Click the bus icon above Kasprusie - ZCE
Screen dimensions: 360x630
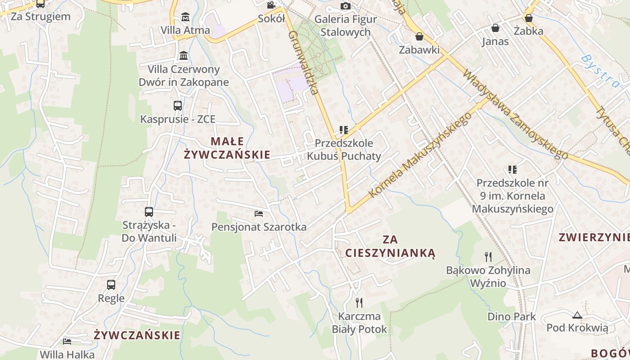(x=178, y=106)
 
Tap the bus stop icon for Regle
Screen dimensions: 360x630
(x=111, y=285)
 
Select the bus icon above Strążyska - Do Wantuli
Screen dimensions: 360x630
(x=149, y=212)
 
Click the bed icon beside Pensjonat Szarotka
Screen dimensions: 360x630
(x=259, y=213)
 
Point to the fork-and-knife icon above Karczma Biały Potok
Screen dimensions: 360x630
(x=359, y=303)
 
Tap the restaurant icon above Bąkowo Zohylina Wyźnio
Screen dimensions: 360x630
(x=488, y=257)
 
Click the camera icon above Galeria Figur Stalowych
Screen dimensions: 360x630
(x=346, y=6)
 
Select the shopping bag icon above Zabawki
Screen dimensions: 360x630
(x=419, y=36)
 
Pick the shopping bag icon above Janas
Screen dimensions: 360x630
(x=495, y=28)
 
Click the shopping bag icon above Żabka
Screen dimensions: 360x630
(x=529, y=18)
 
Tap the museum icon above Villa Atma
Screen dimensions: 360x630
(x=185, y=17)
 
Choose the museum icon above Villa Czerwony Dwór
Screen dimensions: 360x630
(x=184, y=56)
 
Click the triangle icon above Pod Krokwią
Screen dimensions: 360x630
(x=577, y=315)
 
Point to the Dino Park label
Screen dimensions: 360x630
(x=512, y=316)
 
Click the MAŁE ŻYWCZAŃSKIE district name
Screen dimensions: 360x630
(x=227, y=148)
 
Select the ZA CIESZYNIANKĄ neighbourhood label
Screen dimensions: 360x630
(x=391, y=246)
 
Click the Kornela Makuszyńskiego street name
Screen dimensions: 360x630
(x=420, y=154)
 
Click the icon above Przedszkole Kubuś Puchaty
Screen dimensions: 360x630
(x=344, y=130)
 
